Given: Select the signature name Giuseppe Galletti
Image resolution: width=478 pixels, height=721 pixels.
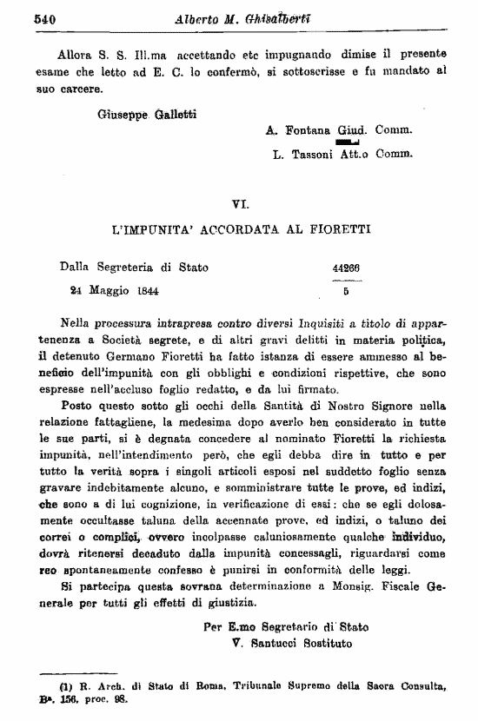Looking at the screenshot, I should click(140, 115).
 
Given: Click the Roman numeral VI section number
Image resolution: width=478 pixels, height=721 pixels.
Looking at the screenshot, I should click(241, 205).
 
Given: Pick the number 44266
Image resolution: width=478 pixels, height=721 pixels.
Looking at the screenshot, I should click(346, 268).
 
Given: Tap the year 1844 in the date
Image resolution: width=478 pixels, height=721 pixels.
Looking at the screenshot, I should click(154, 291).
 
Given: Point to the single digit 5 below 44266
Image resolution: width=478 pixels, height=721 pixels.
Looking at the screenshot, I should click(345, 293).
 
